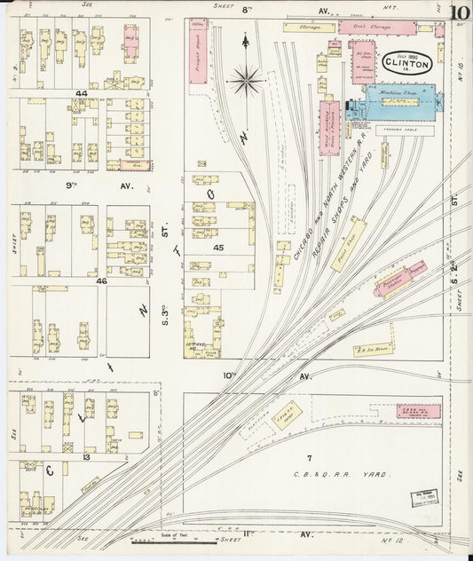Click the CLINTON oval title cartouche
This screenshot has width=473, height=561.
coord(407,64)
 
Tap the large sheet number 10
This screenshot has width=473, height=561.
coord(459,13)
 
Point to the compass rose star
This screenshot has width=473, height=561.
coord(246,80)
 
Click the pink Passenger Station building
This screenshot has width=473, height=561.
coord(402,280)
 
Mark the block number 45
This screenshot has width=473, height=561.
coord(217,248)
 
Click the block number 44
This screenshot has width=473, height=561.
coord(82,93)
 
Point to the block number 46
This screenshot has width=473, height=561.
coord(101,280)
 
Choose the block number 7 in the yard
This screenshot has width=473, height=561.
coord(309,457)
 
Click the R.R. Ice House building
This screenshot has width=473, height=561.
coord(374,350)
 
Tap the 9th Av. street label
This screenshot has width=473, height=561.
coord(75,186)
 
